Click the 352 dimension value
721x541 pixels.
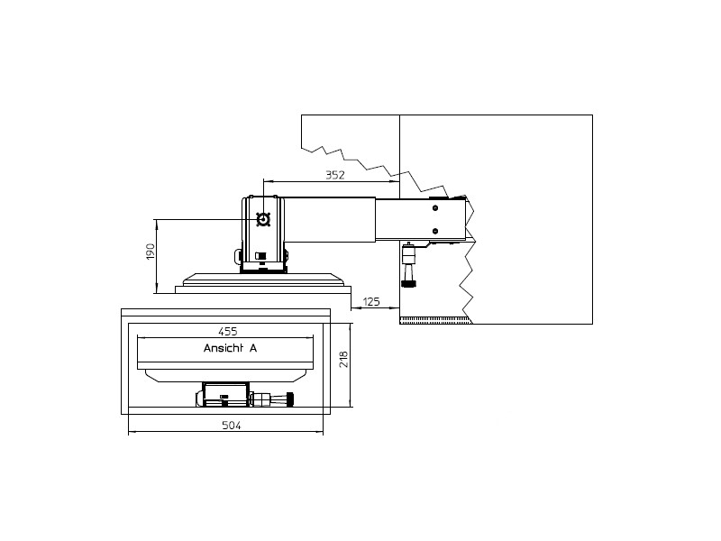click(x=334, y=175)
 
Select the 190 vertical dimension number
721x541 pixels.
click(x=151, y=252)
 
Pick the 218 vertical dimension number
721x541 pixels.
click(x=342, y=360)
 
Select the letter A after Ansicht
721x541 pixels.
click(x=253, y=348)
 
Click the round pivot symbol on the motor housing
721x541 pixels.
click(x=263, y=219)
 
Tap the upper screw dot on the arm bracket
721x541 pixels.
click(x=435, y=208)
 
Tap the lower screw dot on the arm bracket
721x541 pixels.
click(x=435, y=232)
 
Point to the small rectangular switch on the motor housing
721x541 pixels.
click(x=260, y=255)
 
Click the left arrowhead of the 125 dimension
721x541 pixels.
click(x=354, y=307)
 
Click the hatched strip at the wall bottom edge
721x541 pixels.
click(x=434, y=319)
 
